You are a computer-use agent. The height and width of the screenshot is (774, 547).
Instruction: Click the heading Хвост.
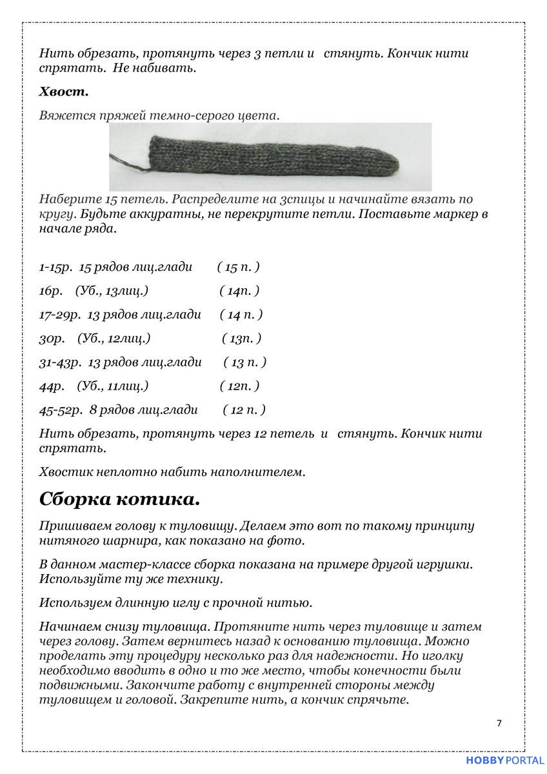[64, 92]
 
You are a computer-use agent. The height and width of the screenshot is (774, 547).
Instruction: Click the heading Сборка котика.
[119, 499]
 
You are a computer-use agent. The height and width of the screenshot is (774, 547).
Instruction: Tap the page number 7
[499, 722]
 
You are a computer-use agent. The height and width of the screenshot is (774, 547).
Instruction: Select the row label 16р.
[50, 291]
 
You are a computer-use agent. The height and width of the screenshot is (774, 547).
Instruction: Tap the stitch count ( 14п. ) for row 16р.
[239, 291]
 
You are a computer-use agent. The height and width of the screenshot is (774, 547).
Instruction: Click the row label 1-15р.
[55, 267]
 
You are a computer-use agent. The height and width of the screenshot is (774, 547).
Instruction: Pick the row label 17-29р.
[60, 315]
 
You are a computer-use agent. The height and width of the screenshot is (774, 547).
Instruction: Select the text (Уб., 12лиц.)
[114, 339]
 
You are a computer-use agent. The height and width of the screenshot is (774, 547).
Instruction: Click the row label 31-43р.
[60, 362]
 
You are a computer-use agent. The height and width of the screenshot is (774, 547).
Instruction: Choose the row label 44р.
[52, 386]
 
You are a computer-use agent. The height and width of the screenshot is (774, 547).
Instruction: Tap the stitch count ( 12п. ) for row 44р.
[239, 386]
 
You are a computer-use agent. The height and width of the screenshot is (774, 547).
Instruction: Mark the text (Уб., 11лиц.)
[113, 386]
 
